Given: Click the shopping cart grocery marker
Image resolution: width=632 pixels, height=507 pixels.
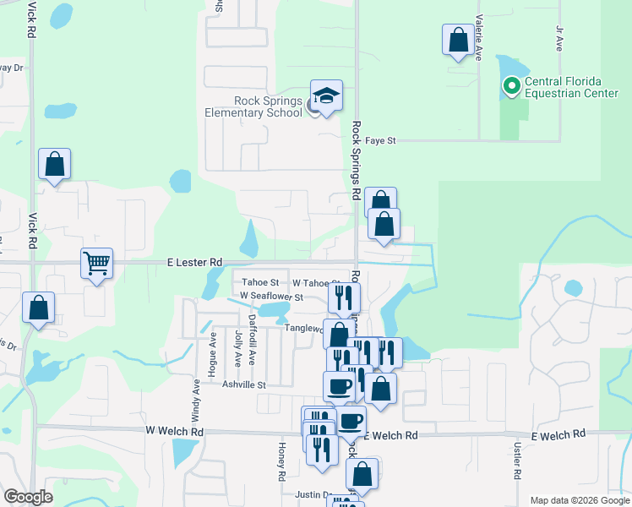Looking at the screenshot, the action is click(96, 264).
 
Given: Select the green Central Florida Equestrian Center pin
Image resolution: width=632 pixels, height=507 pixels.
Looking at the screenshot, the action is click(510, 85).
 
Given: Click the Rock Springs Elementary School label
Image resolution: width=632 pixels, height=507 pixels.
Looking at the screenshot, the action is click(253, 107).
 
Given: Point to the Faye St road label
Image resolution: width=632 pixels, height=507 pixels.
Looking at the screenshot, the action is click(379, 140).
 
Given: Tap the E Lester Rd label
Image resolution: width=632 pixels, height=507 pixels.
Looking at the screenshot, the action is click(194, 262).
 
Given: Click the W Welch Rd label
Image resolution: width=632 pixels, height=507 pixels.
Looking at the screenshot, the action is click(175, 430).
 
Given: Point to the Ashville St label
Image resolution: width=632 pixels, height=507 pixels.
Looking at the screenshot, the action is click(244, 384).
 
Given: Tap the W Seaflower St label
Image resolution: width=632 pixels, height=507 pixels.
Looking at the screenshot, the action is click(271, 297).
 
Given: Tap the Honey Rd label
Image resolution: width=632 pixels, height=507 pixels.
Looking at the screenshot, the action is click(282, 461).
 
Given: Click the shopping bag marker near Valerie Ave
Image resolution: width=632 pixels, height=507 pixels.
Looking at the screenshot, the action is click(458, 40).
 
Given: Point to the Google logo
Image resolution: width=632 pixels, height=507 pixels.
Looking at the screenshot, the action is click(29, 497).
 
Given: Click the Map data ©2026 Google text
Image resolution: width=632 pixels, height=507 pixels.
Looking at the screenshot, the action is click(579, 500).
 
